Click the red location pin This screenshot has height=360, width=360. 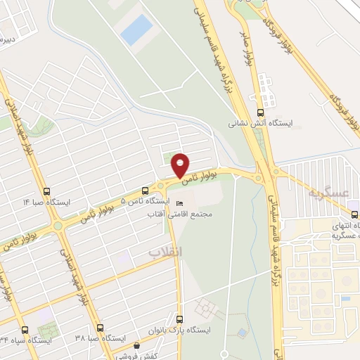181,164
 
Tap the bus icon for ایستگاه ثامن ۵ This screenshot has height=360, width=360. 145,190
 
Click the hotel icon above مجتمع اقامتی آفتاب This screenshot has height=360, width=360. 179,203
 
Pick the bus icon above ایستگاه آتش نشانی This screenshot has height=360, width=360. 261,111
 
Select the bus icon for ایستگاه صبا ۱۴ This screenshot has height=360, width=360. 46,191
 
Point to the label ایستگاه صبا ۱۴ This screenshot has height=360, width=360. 46,202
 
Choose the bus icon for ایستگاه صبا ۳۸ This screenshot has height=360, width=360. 99,328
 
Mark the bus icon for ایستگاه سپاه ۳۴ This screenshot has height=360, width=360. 26,329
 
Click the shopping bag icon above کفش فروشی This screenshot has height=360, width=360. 137,345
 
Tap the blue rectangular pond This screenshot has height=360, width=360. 136,30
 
